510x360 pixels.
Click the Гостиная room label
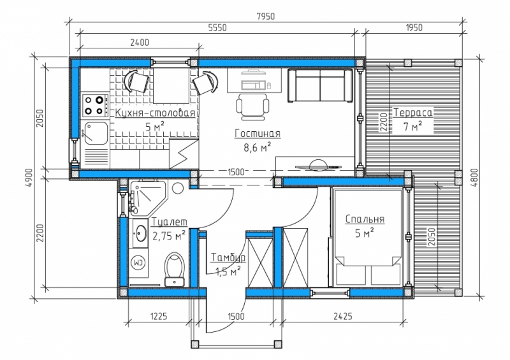click(258, 133)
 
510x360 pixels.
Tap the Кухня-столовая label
click(156, 113)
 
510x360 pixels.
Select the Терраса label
click(413, 113)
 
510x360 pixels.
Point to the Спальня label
click(365, 219)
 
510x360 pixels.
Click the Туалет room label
click(170, 222)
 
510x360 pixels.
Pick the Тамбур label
click(228, 257)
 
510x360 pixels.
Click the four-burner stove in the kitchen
click(95, 105)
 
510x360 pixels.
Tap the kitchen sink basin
click(96, 133)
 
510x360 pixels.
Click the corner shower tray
click(148, 198)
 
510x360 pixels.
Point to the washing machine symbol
click(138, 262)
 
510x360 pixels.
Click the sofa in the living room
click(320, 86)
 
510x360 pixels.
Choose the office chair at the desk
click(252, 106)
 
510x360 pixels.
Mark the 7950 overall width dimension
click(266, 17)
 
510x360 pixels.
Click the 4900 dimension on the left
click(29, 178)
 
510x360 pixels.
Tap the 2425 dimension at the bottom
click(343, 316)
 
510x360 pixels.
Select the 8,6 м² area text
click(258, 148)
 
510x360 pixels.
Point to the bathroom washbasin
click(140, 233)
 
